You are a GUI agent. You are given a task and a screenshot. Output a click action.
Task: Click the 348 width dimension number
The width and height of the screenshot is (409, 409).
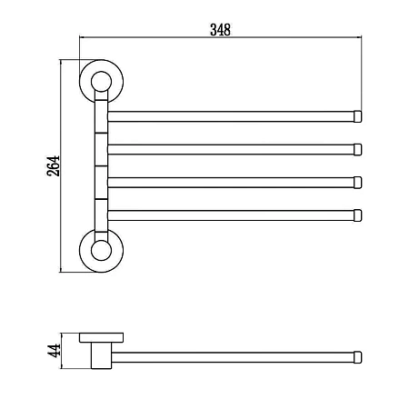tap(220, 30)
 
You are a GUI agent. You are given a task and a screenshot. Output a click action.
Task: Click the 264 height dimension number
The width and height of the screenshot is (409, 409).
tap(54, 166)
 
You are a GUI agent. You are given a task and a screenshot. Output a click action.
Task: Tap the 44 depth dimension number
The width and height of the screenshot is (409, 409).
tap(54, 351)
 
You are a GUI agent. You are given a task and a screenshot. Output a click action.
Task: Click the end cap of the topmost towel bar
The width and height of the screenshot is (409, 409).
tap(358, 116)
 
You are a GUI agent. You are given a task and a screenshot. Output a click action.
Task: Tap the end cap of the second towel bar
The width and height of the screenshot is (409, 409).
tap(358, 150)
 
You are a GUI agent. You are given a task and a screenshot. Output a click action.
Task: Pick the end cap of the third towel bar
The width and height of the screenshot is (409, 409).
tap(358, 183)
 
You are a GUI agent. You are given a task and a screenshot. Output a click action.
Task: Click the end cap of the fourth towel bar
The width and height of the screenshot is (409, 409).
tap(358, 215)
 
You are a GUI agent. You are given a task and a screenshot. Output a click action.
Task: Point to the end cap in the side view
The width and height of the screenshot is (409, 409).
tap(358, 357)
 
